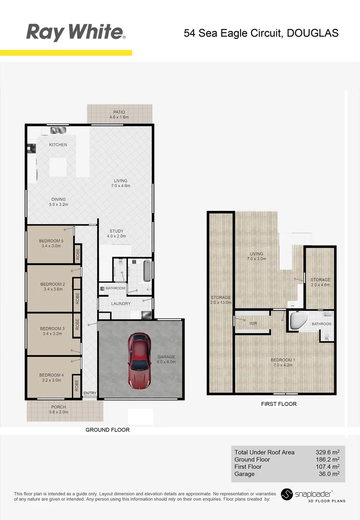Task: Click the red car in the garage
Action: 140,359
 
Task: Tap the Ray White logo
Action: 76,32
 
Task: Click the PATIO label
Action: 119,112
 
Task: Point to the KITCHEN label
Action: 58,145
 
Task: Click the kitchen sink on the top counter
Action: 58,130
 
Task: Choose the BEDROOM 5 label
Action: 51,241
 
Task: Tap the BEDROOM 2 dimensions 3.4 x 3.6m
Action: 53,289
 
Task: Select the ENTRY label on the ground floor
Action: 90,393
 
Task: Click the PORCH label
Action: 59,407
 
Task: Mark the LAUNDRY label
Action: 121,304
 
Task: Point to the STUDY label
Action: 117,231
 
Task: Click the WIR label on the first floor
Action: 253,324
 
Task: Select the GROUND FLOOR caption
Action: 107,429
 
